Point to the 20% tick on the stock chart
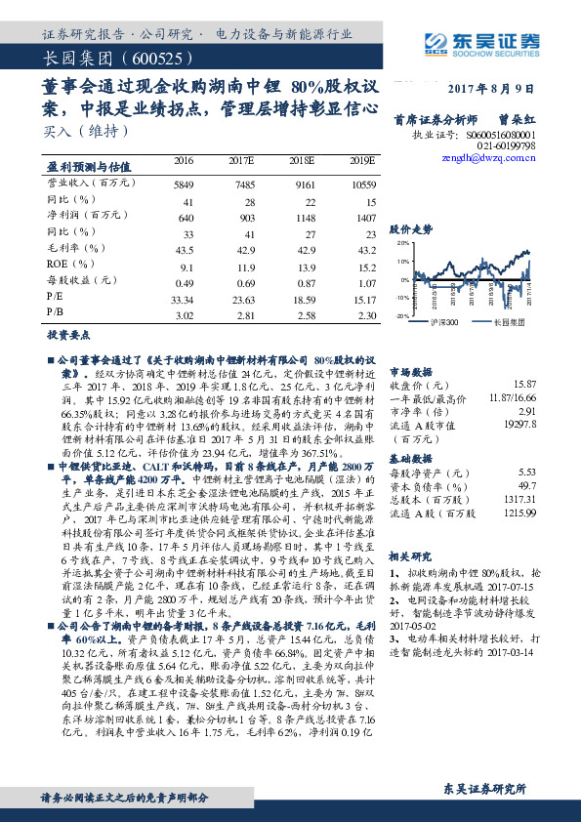tap(403, 243)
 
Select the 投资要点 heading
tap(65, 334)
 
